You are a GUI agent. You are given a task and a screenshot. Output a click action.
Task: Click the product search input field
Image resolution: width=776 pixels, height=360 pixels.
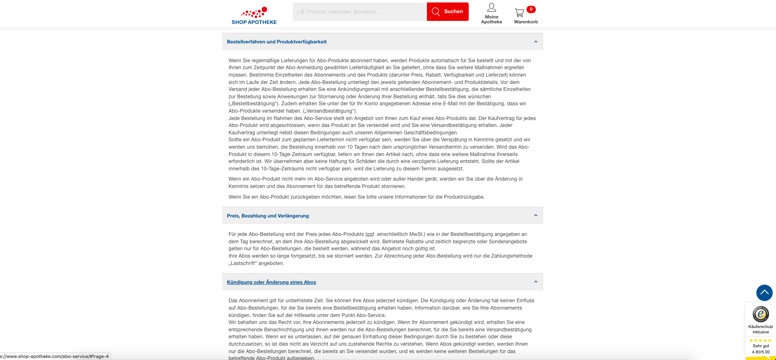(360, 12)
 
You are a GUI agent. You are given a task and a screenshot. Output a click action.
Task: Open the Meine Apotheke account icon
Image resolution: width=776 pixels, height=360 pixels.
(491, 8)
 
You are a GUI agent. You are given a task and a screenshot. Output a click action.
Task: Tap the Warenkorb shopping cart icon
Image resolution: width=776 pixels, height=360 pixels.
(520, 13)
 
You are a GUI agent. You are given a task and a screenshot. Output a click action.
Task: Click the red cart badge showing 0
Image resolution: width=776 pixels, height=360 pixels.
(531, 9)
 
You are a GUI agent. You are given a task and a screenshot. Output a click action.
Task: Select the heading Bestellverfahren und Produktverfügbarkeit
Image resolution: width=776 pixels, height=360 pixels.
(277, 42)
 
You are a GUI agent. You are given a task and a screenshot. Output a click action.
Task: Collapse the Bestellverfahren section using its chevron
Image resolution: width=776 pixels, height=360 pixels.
(535, 42)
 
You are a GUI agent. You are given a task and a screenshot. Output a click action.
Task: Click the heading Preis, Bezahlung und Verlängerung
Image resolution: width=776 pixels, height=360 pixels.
(268, 216)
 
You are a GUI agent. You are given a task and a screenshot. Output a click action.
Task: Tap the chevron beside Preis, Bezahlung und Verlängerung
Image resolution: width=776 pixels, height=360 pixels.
(535, 215)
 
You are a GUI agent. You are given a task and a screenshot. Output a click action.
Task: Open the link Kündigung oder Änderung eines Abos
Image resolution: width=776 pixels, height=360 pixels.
(271, 282)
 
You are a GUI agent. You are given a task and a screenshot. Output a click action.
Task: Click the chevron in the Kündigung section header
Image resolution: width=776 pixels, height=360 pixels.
(535, 282)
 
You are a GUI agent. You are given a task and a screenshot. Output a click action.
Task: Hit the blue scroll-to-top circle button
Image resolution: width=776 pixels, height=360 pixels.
(764, 293)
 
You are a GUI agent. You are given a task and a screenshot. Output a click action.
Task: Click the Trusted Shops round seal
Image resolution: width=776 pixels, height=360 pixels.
(760, 314)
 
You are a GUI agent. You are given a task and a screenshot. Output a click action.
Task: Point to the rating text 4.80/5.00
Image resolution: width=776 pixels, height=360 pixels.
(760, 352)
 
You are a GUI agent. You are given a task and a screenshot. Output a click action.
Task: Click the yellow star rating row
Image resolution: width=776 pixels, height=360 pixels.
(760, 340)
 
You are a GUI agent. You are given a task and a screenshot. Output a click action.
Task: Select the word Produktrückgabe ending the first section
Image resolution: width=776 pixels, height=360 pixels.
(464, 197)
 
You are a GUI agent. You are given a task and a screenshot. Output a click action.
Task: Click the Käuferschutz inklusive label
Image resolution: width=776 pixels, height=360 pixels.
(760, 329)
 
